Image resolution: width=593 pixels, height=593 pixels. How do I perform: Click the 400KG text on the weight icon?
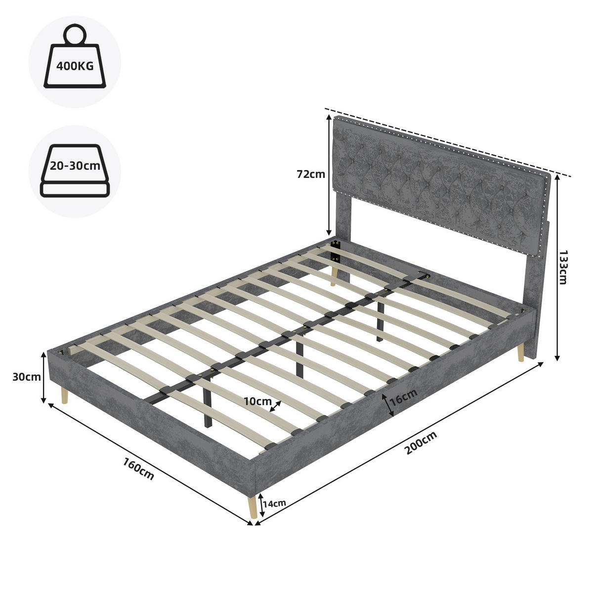point(75,66)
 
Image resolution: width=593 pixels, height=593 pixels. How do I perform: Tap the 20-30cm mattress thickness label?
point(75,166)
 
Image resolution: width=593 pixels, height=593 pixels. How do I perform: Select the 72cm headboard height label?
point(311,174)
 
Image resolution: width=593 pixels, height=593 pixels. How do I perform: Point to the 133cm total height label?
point(563,267)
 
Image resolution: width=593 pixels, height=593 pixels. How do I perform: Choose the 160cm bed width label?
point(139,468)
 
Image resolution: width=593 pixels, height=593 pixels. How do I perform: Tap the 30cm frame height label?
point(27,377)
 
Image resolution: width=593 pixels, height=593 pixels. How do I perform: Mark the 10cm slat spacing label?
point(257,401)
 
